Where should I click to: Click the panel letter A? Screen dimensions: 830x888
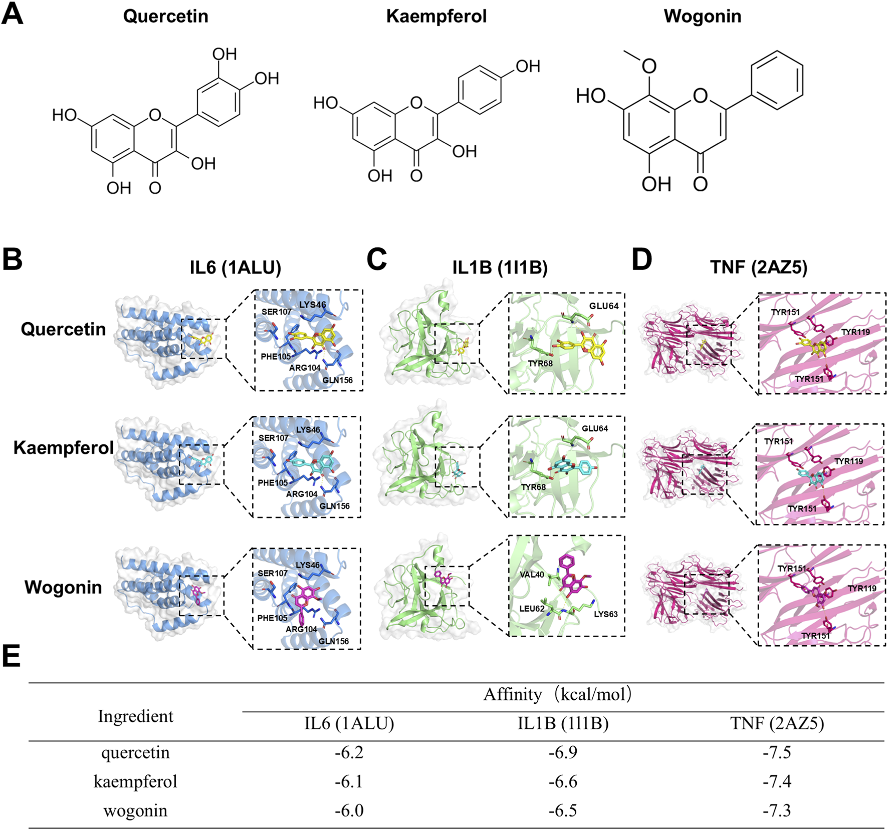pyautogui.click(x=13, y=14)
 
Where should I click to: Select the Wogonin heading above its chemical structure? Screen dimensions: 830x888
pyautogui.click(x=702, y=16)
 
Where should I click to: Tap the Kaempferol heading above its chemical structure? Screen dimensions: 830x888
pyautogui.click(x=436, y=16)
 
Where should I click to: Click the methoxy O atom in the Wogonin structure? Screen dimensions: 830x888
pyautogui.click(x=649, y=66)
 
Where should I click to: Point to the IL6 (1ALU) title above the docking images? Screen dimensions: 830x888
pyautogui.click(x=235, y=267)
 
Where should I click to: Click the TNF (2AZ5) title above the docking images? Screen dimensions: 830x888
pyautogui.click(x=759, y=267)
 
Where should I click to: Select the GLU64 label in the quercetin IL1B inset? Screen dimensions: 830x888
pyautogui.click(x=603, y=306)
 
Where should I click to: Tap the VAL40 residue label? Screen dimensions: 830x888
pyautogui.click(x=532, y=575)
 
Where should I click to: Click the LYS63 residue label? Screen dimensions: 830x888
pyautogui.click(x=606, y=614)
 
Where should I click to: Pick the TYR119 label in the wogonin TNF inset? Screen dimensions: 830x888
pyautogui.click(x=862, y=589)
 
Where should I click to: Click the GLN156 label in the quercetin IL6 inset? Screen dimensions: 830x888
pyautogui.click(x=337, y=380)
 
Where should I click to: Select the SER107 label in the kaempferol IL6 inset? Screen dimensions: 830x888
pyautogui.click(x=273, y=438)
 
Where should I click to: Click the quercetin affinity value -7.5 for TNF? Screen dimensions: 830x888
pyautogui.click(x=777, y=752)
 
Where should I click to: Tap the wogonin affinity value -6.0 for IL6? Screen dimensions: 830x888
pyautogui.click(x=349, y=810)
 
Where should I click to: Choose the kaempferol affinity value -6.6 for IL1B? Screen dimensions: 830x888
pyautogui.click(x=563, y=781)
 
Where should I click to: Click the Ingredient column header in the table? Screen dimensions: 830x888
pyautogui.click(x=135, y=716)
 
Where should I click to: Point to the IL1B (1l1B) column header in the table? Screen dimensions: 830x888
pyautogui.click(x=563, y=723)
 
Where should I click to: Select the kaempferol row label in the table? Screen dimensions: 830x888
pyautogui.click(x=135, y=781)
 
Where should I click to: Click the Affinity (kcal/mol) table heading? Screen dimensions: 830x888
pyautogui.click(x=557, y=695)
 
